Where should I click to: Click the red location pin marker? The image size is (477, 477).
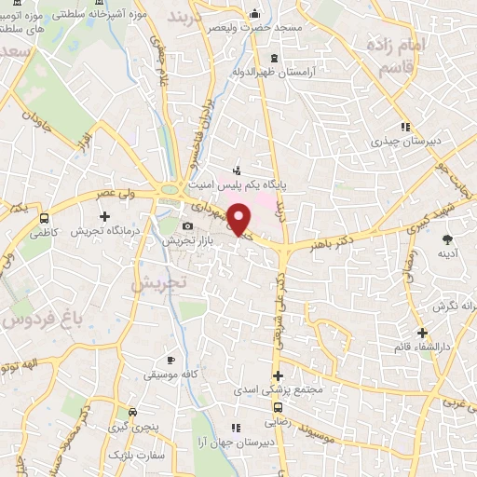pos(239,220)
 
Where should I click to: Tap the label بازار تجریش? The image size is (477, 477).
pos(185,241)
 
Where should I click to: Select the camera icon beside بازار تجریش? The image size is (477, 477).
pos(188,226)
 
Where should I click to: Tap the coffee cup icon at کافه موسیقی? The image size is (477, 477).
pos(170,360)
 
